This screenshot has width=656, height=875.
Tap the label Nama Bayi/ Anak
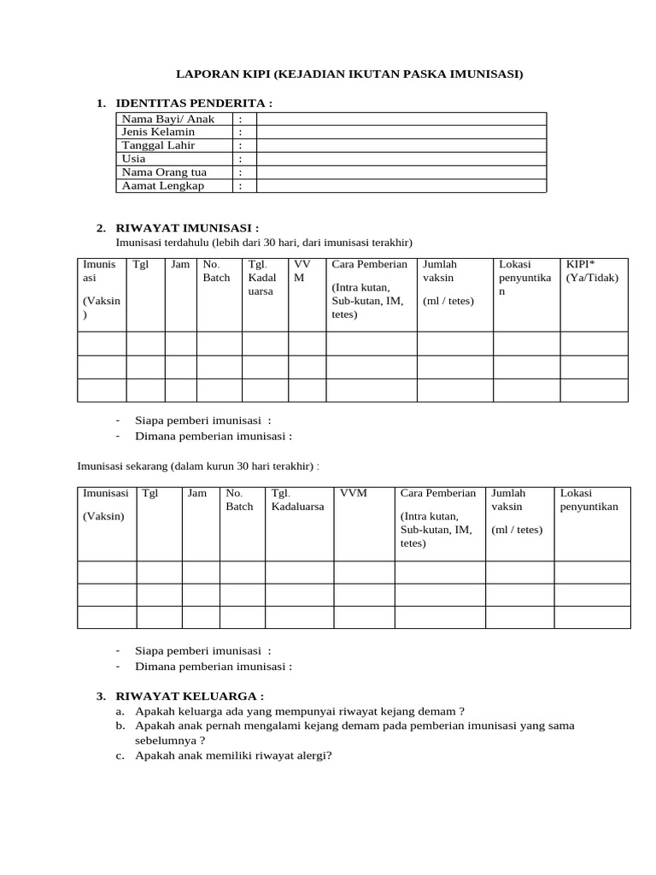(167, 119)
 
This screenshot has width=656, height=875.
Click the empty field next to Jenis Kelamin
(401, 132)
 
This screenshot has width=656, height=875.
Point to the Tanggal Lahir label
(158, 145)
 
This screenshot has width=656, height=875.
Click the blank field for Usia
(401, 159)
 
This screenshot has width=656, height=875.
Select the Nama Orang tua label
(164, 172)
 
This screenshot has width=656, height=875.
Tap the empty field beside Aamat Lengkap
(401, 185)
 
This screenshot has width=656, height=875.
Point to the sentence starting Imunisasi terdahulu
(264, 243)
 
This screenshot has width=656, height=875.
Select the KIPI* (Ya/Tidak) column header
(592, 271)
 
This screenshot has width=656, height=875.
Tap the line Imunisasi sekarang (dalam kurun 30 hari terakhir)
(198, 467)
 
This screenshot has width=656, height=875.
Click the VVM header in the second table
(353, 493)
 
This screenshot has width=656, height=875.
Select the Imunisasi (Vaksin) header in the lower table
(106, 504)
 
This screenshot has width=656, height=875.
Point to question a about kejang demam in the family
(299, 711)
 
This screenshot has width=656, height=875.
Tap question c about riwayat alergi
(233, 755)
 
